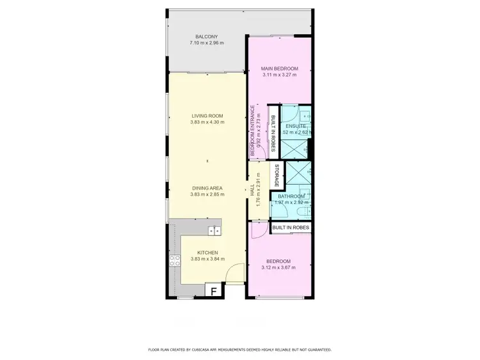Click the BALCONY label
coord(207,36)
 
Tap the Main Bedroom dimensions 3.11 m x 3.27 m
coord(280,75)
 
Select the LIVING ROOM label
coord(207,116)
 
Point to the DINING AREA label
coord(207,188)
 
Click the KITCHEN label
coord(207,253)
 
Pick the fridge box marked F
coord(214,291)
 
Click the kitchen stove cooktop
coord(173,260)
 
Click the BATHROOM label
coord(291,197)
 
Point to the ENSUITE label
coord(296,126)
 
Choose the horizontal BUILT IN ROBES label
coord(291,227)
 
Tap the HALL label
coord(253,190)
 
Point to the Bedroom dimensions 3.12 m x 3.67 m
coord(280,268)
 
